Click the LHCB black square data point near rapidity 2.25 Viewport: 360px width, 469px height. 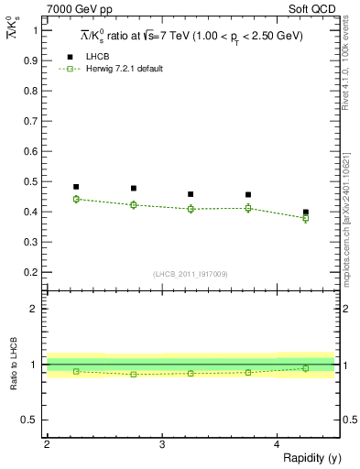tap(76, 187)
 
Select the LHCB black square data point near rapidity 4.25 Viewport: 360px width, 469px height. tap(306, 212)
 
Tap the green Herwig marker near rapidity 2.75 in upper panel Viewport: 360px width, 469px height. tap(134, 204)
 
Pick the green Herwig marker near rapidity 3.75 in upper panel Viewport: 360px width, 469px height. tap(248, 208)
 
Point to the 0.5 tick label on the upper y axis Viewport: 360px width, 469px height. tap(30, 151)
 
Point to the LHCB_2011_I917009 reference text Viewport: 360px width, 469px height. tap(191, 274)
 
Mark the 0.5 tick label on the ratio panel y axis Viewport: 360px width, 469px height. tap(30, 420)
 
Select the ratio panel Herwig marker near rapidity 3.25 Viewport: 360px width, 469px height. tap(191, 373)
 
